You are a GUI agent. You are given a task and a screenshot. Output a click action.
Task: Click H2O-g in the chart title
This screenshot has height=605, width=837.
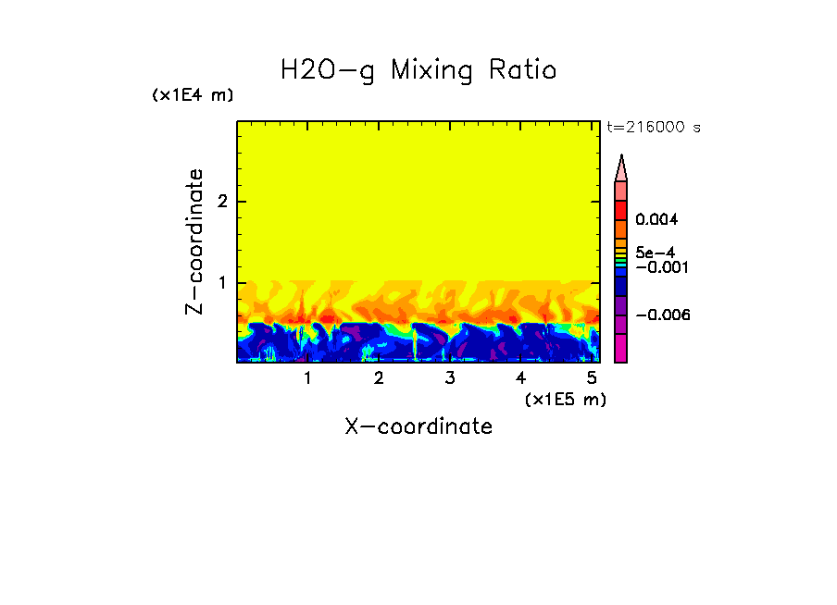328,70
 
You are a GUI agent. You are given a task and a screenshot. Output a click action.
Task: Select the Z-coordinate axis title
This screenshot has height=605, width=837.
194,241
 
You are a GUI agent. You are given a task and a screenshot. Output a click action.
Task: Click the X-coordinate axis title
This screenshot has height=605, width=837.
418,426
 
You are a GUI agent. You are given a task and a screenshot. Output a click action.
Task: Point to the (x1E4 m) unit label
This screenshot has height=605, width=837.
193,95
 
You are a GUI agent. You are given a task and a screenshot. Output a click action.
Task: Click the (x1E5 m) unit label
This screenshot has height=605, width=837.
565,399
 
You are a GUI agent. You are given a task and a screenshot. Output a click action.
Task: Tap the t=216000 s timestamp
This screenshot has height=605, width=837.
653,127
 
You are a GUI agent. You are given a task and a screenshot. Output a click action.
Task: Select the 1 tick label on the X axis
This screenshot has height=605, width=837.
307,378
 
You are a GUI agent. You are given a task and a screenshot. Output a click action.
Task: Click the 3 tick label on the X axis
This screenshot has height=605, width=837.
449,378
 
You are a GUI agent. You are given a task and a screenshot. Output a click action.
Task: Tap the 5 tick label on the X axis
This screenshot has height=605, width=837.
591,378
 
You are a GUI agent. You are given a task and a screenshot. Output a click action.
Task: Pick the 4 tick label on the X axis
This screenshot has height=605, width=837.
520,378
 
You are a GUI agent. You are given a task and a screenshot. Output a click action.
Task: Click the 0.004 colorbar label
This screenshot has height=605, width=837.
656,220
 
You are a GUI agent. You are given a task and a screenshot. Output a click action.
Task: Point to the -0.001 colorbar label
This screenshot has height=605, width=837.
656,266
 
